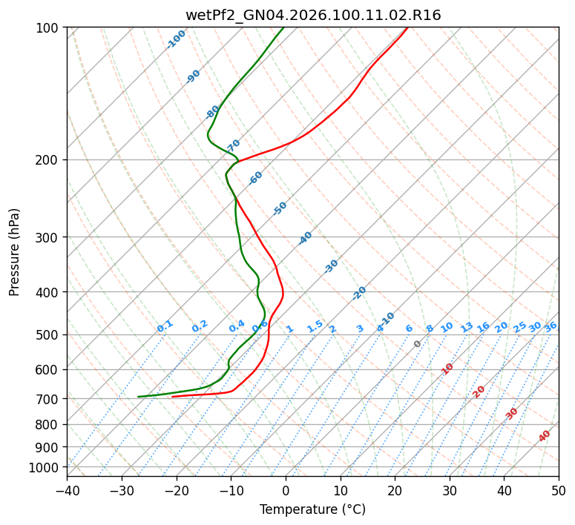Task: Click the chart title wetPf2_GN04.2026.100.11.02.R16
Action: click(313, 15)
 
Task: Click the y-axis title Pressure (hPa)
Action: click(15, 251)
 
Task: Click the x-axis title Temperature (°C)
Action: click(312, 509)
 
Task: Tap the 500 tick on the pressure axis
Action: click(47, 335)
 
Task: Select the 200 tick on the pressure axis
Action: click(47, 160)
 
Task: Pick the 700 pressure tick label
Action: click(47, 399)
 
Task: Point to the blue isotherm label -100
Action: click(177, 39)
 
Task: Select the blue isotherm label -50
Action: click(280, 208)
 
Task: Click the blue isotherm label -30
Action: click(331, 266)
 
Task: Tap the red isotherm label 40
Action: click(545, 436)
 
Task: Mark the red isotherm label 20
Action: click(479, 391)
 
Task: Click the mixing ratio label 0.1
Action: click(165, 326)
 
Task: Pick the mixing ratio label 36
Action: click(551, 326)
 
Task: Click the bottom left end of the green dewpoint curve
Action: click(139, 397)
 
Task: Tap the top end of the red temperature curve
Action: click(407, 27)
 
